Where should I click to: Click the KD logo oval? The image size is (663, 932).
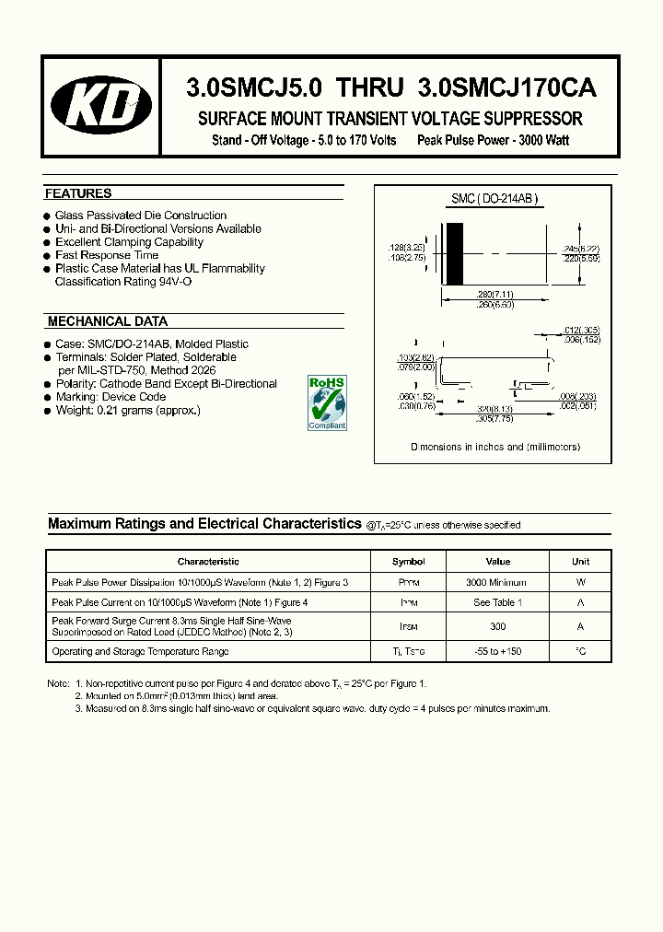tap(101, 107)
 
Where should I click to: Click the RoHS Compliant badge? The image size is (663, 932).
tap(327, 402)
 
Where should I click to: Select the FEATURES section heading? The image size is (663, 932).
tap(78, 193)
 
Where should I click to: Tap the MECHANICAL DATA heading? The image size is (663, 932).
tap(107, 321)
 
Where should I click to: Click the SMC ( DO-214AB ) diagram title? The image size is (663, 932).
tap(494, 199)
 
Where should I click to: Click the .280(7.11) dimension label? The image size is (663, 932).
tap(495, 294)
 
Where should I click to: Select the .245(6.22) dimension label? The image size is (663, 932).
tap(580, 249)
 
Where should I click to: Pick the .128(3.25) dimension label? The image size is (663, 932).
tap(406, 249)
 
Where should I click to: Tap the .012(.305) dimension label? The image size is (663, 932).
tap(581, 331)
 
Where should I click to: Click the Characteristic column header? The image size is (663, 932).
tap(208, 561)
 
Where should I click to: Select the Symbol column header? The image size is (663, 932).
tap(408, 561)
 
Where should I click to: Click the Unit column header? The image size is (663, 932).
tap(580, 561)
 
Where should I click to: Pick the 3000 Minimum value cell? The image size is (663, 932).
tap(496, 582)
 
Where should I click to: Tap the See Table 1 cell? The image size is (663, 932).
tap(496, 602)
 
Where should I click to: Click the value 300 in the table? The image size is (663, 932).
tap(497, 626)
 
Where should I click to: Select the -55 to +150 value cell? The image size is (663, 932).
tap(497, 651)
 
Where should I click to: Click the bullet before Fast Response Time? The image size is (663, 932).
tap(47, 255)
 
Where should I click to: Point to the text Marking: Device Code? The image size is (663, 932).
tap(110, 397)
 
